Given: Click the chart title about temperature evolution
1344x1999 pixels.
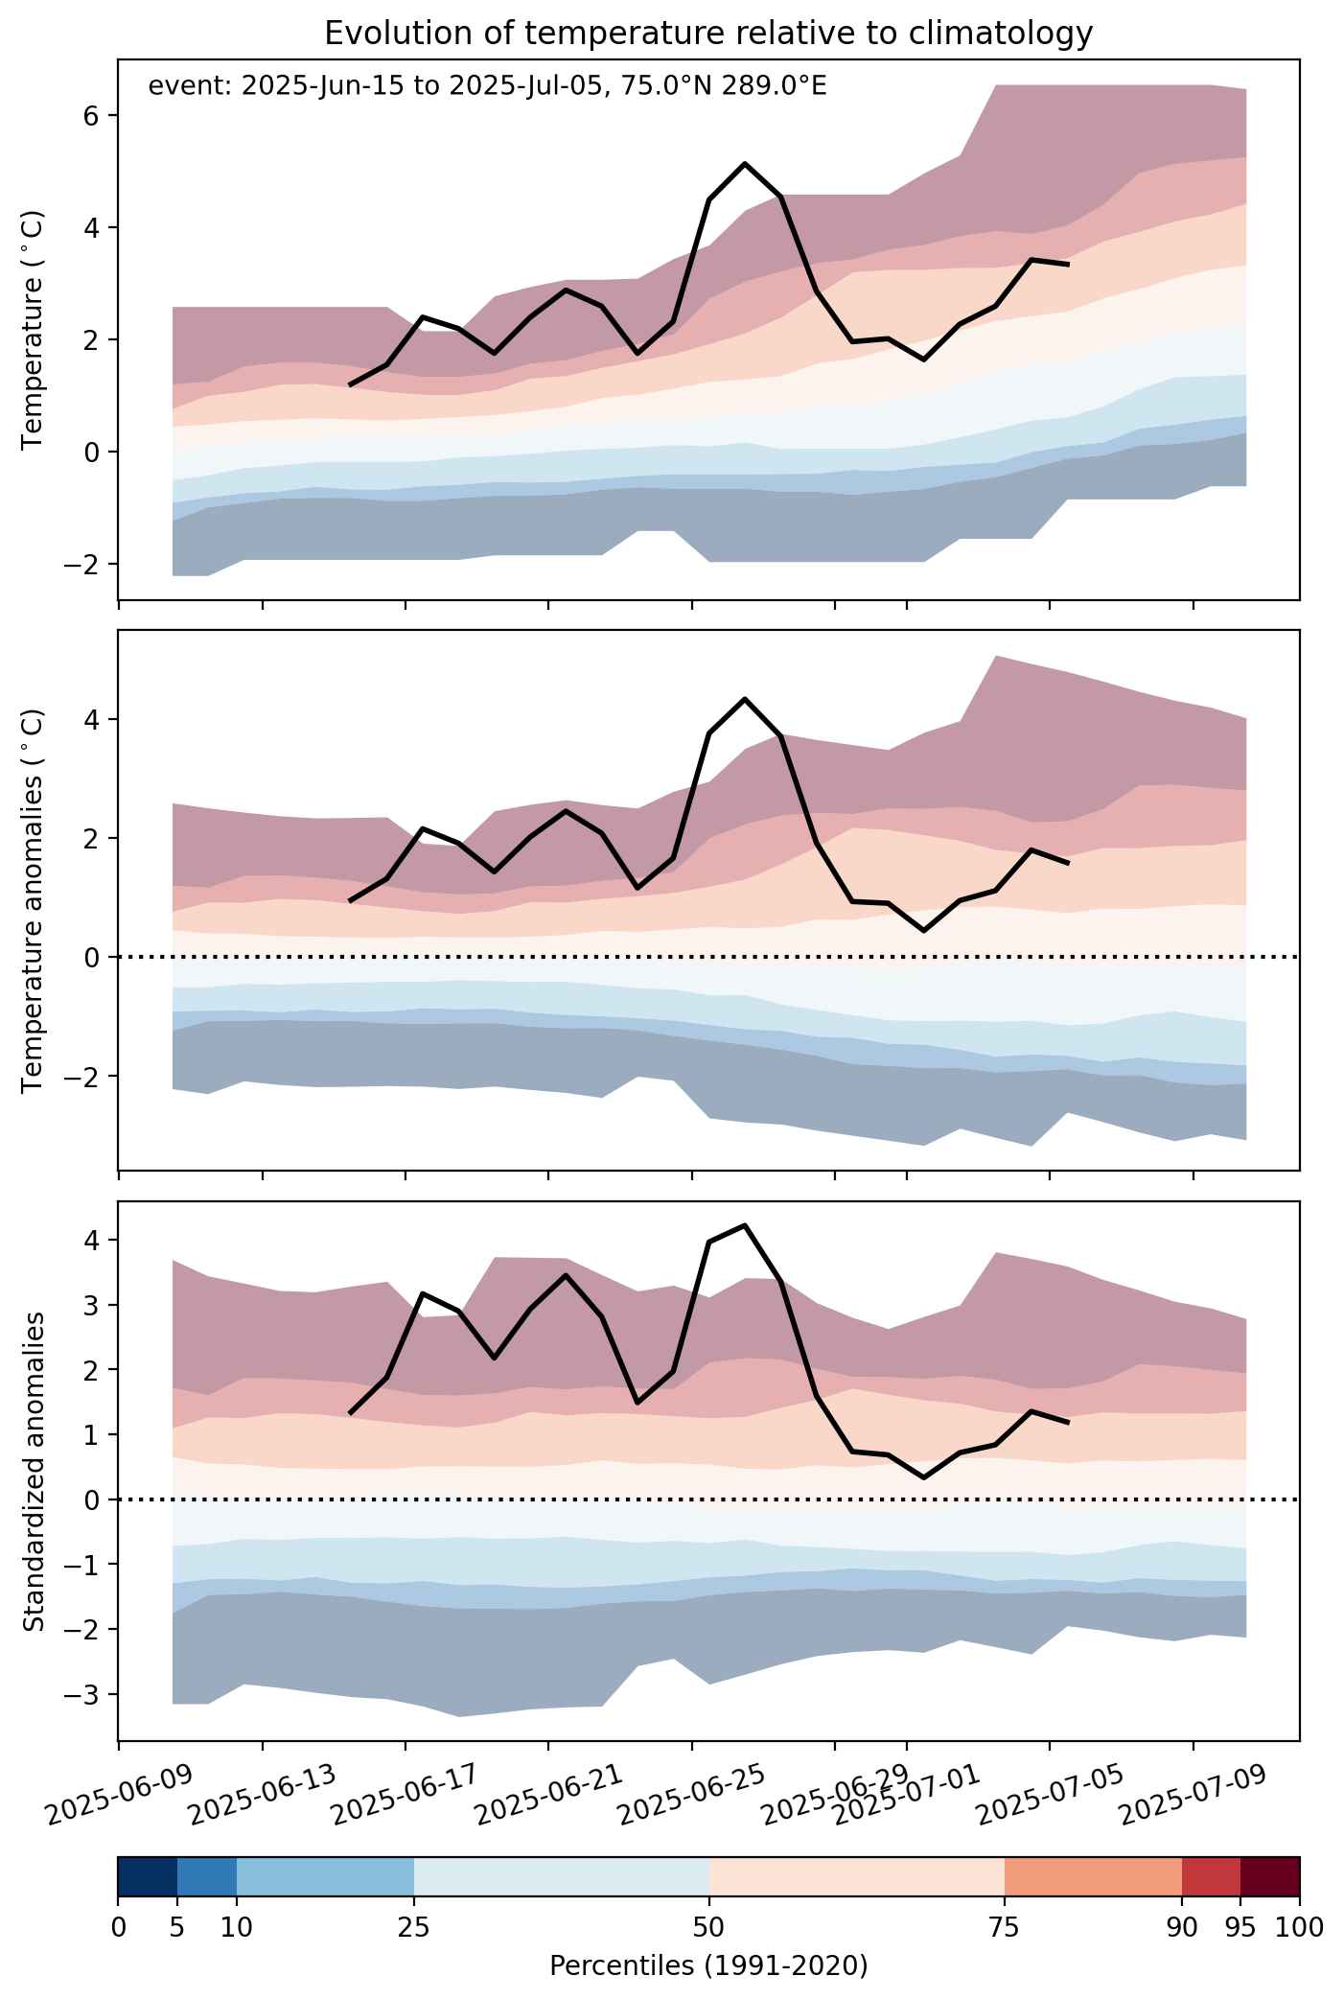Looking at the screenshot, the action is click(708, 34).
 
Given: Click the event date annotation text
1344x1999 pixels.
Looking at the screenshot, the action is click(487, 87).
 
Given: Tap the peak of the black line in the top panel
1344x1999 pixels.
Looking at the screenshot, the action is click(745, 164).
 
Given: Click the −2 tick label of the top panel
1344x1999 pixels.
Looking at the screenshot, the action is click(85, 564).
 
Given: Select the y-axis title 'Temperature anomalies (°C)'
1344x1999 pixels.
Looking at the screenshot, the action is click(34, 899).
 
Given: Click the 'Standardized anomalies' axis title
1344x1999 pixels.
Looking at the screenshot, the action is click(34, 1471).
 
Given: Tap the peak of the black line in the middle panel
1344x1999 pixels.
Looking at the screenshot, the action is click(745, 699).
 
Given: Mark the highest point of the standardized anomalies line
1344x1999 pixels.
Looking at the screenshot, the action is click(745, 1225).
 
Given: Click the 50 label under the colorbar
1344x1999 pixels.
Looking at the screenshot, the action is click(709, 1927).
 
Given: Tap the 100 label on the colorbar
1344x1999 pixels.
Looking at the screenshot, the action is click(1299, 1927).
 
